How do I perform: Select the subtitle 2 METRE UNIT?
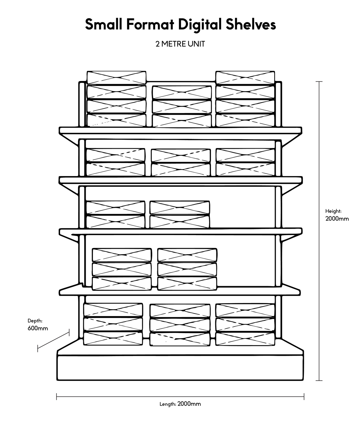180,44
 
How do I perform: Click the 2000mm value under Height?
337,219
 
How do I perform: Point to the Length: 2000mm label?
180,404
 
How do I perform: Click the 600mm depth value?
37,328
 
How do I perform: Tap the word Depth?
35,320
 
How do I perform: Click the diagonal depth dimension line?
53,341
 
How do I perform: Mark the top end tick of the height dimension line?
319,82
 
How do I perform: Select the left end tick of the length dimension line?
57,397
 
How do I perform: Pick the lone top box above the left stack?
116,77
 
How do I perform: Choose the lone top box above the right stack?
245,77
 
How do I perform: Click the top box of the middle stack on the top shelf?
181,92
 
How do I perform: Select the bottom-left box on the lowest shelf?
113,339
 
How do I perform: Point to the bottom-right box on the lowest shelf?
245,339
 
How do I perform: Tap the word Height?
333,211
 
